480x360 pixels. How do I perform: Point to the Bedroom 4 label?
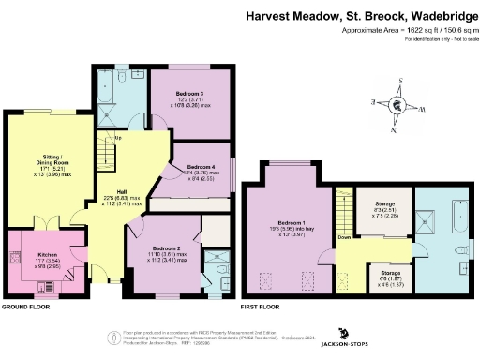[x=194, y=166]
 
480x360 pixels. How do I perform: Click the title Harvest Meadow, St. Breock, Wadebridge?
[x=360, y=16]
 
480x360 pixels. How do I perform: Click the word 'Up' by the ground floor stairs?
[x=117, y=140]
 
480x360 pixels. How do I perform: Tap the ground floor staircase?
[x=105, y=156]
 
